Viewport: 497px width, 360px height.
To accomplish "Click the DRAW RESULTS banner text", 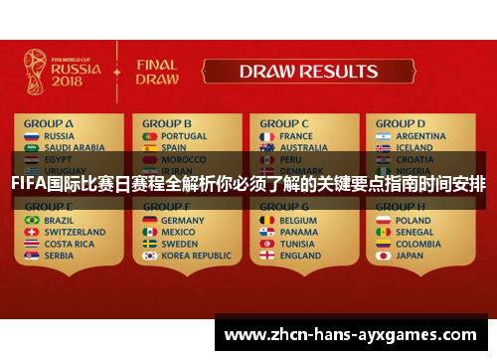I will [x=308, y=72].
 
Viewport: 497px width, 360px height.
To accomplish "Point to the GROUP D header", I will [x=401, y=123].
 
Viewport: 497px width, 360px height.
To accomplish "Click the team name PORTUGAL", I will [x=184, y=136].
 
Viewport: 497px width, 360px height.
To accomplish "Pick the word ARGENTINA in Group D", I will [x=420, y=136].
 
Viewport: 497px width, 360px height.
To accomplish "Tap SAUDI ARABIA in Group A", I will [x=74, y=148].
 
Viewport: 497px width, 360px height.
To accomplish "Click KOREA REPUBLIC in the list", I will [x=196, y=256].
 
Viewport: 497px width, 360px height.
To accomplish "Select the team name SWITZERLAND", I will [x=76, y=232].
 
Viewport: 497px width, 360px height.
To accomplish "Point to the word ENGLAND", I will [x=301, y=256].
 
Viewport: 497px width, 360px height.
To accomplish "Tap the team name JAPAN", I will [x=410, y=256].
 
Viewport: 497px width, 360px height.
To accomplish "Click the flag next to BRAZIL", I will [x=32, y=220].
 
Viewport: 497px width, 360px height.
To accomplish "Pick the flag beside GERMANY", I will [x=150, y=220].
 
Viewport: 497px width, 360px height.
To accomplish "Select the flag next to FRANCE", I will [x=266, y=136].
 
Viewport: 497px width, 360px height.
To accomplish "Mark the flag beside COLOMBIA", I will [x=383, y=244].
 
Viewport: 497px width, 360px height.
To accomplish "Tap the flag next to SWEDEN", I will [x=150, y=244].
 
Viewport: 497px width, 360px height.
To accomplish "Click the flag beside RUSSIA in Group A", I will [x=32, y=136].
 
